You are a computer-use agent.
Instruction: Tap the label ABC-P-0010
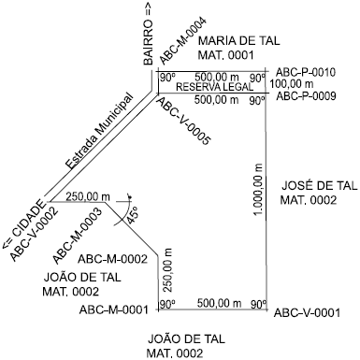pos(306,71)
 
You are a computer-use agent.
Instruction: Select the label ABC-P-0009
pos(306,95)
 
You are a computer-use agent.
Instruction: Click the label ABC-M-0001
pos(114,310)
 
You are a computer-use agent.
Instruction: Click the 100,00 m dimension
pos(303,83)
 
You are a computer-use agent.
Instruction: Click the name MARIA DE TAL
pos(227,41)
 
